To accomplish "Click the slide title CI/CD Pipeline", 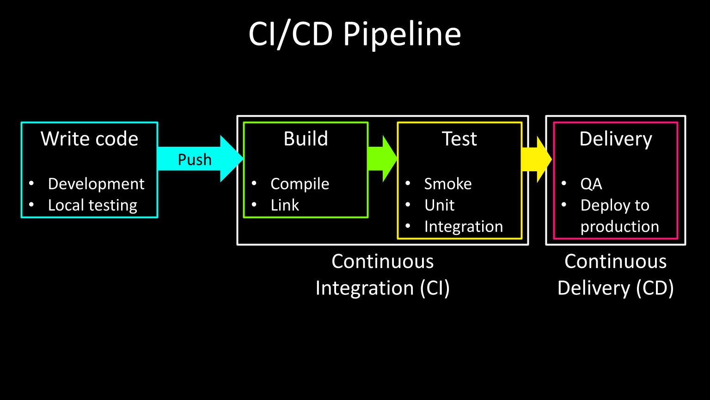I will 355,34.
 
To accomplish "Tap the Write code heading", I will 89,139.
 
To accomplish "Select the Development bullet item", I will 96,184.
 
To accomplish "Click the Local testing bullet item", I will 92,205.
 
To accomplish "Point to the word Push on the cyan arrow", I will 195,160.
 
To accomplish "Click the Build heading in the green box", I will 306,139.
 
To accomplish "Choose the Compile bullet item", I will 300,184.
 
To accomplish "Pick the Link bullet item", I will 285,205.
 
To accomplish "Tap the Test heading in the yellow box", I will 459,139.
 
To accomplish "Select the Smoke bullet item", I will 447,184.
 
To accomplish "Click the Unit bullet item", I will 439,205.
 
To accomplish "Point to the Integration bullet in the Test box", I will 463,226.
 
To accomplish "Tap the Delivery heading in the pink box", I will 615,139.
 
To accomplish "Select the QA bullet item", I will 591,184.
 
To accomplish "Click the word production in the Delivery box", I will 619,226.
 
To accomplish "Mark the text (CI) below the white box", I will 435,288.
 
